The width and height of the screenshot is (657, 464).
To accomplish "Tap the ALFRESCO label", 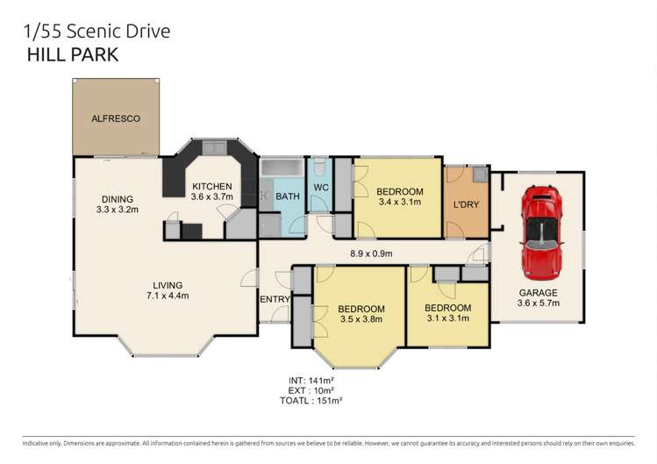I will click(116, 118).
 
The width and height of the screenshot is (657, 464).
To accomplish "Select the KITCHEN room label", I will click(211, 186).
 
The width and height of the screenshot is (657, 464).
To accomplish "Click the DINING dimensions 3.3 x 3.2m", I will click(118, 210).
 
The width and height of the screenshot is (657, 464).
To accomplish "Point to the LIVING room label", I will click(167, 284).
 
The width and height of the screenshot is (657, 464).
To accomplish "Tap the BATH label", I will click(287, 196).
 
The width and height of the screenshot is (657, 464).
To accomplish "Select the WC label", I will click(320, 187).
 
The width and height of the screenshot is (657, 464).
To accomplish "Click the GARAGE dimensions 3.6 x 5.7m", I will click(539, 304).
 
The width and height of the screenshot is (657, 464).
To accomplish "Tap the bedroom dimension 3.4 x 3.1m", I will click(399, 203).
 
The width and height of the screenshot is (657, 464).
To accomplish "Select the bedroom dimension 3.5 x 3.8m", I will click(361, 319).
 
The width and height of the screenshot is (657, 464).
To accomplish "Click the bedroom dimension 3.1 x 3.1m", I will click(447, 318).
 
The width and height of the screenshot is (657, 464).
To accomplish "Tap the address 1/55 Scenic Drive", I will click(96, 32).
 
